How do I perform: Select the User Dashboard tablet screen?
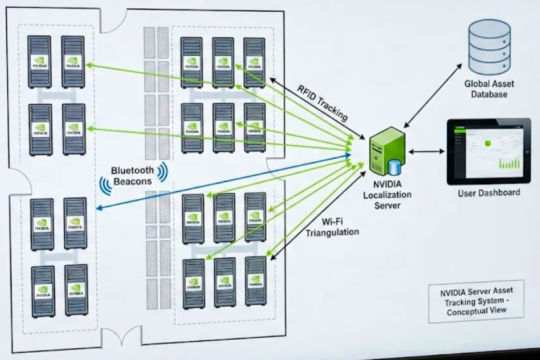[x=490, y=151]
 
